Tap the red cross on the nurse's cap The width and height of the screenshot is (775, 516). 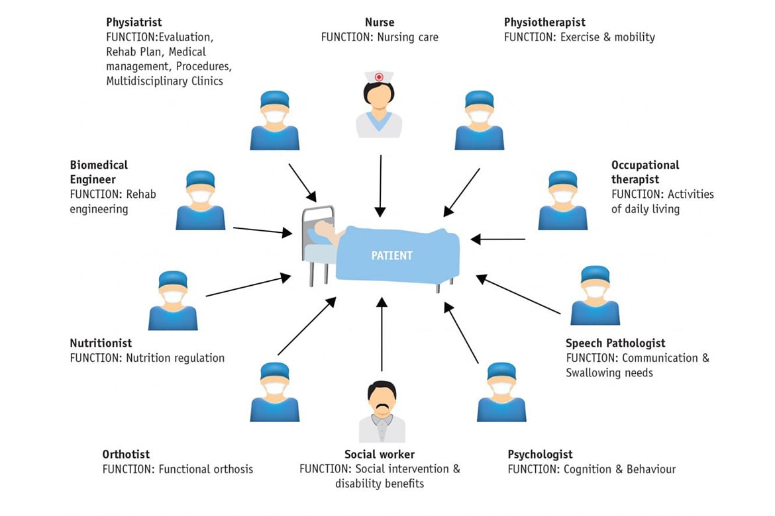pos(379,77)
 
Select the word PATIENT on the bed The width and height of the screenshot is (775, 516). pos(392,255)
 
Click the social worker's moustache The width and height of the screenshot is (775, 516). pos(382,406)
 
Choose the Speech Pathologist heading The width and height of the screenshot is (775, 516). pos(615,343)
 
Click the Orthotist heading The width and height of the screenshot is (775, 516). pos(126,454)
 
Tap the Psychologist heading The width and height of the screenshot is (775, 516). pos(540,454)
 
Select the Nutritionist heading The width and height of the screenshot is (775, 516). pos(101,343)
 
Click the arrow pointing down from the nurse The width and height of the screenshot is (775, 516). pos(380,185)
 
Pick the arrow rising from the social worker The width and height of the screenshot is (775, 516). pos(382,334)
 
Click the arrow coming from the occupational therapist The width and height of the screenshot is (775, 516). pos(497,239)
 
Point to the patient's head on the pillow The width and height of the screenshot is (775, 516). pos(324,229)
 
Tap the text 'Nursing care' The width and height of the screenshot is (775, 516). pos(407,38)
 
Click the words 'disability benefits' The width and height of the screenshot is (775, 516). pos(380,484)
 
